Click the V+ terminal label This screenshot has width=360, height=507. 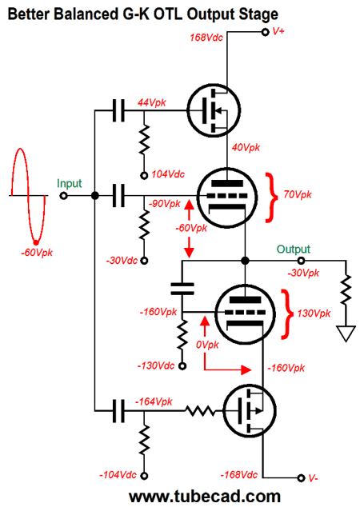click(x=278, y=31)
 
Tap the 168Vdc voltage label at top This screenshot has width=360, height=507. click(x=206, y=38)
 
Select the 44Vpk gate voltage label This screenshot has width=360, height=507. click(x=152, y=103)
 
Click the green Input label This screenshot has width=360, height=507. click(x=70, y=184)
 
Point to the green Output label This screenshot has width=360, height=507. click(x=294, y=249)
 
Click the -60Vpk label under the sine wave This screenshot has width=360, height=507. click(x=37, y=253)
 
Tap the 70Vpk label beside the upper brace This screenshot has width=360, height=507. click(x=298, y=194)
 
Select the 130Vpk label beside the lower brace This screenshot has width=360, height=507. click(x=314, y=313)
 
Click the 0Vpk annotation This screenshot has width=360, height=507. click(x=207, y=345)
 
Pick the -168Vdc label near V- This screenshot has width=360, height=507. click(x=239, y=475)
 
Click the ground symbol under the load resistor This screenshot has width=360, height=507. click(x=346, y=333)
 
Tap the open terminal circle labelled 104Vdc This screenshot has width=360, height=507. click(x=144, y=176)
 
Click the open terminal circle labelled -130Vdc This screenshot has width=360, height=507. click(x=182, y=366)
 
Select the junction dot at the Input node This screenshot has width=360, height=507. click(x=94, y=196)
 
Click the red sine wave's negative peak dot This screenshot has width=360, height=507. click(x=36, y=242)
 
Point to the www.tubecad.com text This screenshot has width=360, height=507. click(x=205, y=497)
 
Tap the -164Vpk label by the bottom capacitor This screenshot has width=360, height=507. click(x=154, y=402)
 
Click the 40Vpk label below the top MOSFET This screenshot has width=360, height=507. click(x=246, y=147)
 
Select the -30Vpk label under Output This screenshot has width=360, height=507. click(x=303, y=273)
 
